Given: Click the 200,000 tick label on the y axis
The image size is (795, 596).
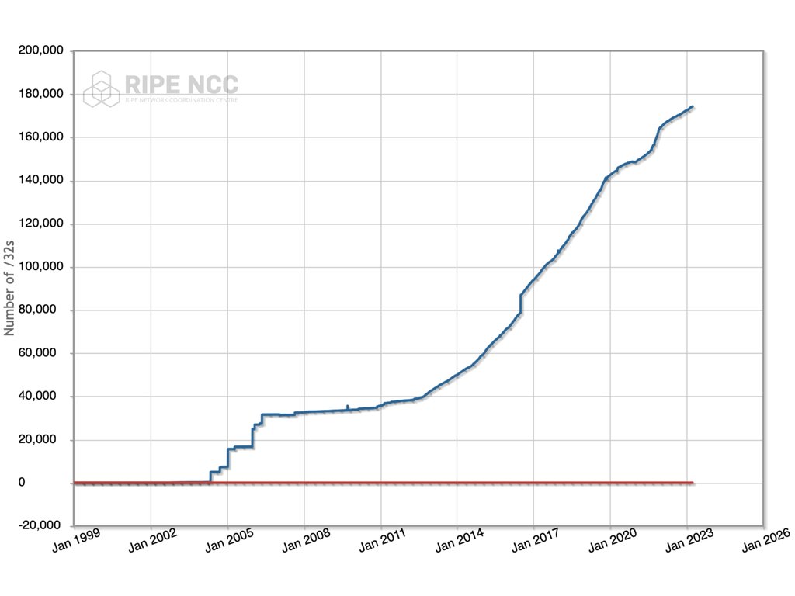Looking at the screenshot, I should coord(43,51).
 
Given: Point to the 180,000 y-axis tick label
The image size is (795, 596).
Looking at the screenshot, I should coord(43,94).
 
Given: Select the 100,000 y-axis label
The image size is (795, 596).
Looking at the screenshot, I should coord(43,267).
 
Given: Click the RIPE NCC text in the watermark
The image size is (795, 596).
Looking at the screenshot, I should coord(181,83).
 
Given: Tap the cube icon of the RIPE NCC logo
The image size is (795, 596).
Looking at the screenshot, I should coord(102,88).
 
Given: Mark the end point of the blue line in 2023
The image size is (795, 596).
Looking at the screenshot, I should coord(692,107).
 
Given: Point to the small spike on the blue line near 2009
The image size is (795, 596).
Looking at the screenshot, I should coord(347,406).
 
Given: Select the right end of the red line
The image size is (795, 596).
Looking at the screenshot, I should coord(692,483).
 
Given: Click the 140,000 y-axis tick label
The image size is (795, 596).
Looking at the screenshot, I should coord(43,181).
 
